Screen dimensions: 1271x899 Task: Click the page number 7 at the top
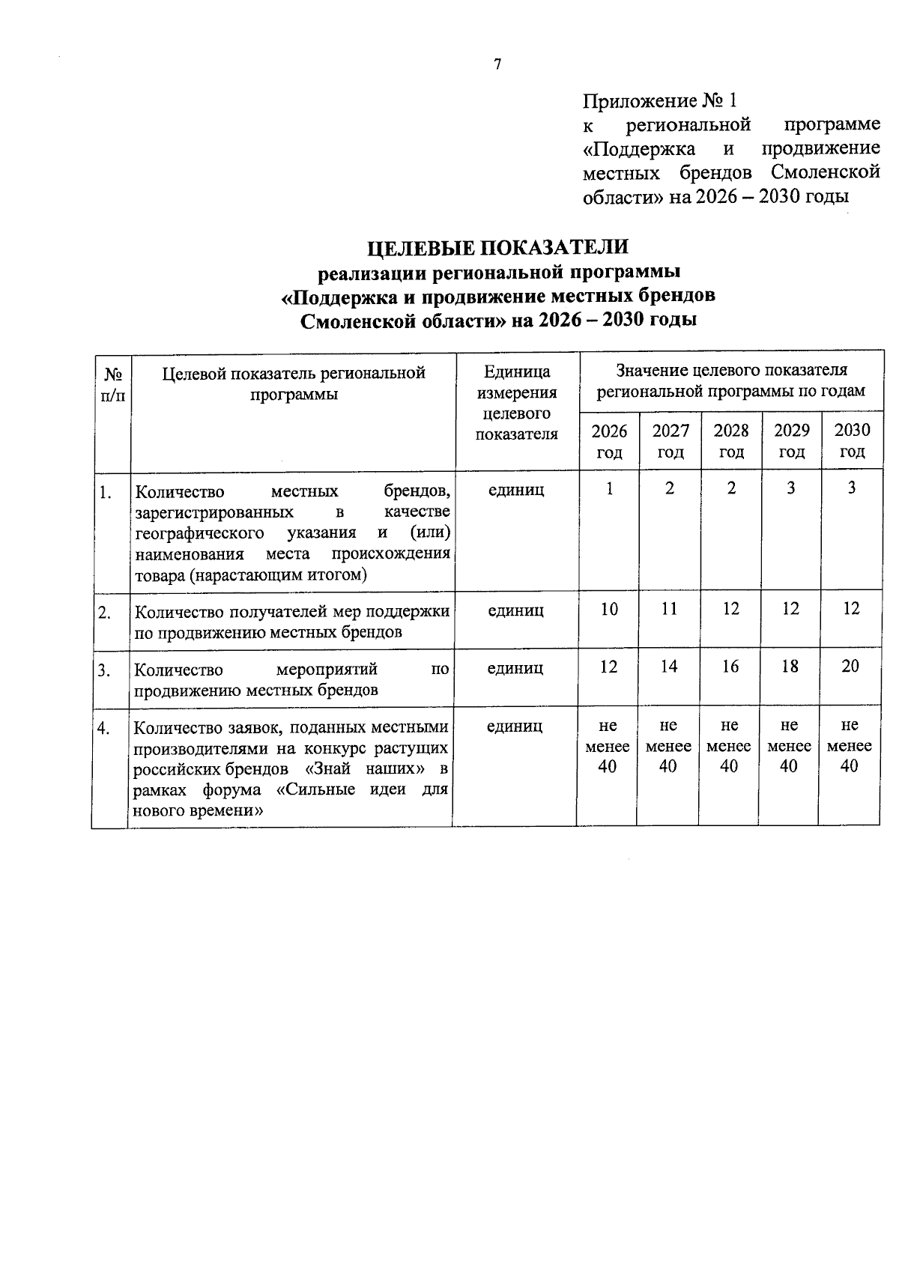coord(497,64)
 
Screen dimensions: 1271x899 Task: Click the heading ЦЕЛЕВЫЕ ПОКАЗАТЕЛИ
coord(497,246)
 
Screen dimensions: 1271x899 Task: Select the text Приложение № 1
coord(660,100)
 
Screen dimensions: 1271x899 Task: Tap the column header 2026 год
coord(609,441)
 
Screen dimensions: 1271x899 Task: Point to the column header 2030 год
coord(852,441)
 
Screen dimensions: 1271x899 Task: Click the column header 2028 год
coord(730,441)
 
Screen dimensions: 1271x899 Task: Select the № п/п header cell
coord(112,383)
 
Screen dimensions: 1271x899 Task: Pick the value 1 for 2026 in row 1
coord(610,488)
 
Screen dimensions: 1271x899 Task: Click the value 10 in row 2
coord(609,610)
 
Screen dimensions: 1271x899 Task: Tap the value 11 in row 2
coord(669,610)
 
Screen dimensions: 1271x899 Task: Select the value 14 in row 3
coord(669,667)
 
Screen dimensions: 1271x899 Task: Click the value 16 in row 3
coord(730,667)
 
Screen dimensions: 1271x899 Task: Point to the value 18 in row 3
coord(790,667)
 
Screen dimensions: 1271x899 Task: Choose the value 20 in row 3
coord(850,667)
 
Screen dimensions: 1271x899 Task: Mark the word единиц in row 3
coord(515,668)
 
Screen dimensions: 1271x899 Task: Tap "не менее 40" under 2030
coord(849,746)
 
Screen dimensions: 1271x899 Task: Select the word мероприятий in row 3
coord(327,669)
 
